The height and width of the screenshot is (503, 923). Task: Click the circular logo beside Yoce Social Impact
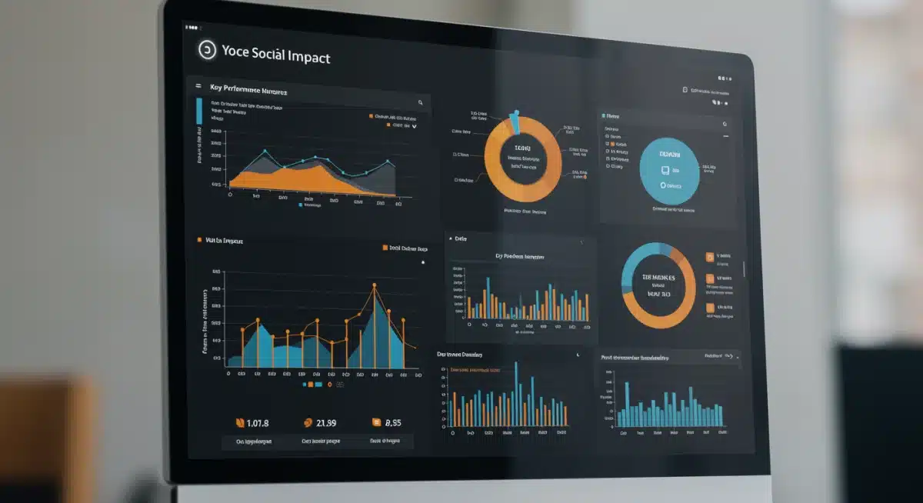[207, 51]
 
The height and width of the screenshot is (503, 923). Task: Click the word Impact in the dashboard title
[307, 56]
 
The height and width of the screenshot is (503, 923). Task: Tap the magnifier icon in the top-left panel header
[420, 102]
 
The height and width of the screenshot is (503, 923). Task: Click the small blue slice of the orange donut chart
[514, 122]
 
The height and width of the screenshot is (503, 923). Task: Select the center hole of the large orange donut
[523, 158]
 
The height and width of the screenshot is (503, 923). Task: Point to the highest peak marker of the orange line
[375, 286]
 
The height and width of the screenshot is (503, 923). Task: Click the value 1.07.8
[258, 422]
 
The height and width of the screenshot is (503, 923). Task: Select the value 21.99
[326, 422]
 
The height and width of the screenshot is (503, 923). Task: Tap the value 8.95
[392, 422]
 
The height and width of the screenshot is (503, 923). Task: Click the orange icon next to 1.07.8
[239, 422]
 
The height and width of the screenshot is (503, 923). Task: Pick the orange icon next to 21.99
[308, 422]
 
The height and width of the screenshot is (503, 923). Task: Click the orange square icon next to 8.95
[376, 422]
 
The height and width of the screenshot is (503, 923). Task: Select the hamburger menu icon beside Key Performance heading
[198, 87]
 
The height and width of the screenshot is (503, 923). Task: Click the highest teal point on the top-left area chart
[265, 151]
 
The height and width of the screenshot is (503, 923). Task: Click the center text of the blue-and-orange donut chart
[659, 285]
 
